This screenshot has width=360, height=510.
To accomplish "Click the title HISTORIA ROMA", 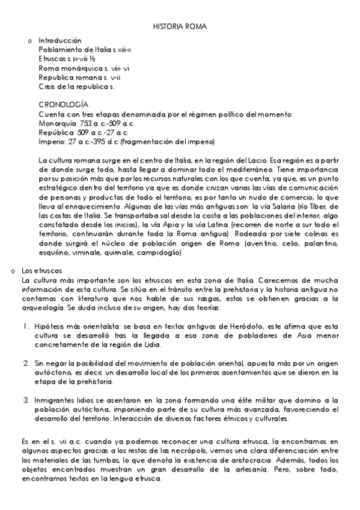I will [180, 27].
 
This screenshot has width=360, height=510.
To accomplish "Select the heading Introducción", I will [59, 40].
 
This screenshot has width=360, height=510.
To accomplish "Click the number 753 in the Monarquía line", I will [86, 123].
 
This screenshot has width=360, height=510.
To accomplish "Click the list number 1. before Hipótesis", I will [28, 327].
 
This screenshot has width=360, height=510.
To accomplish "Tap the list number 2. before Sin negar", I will [27, 364].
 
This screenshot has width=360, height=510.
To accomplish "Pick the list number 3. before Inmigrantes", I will [27, 400].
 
